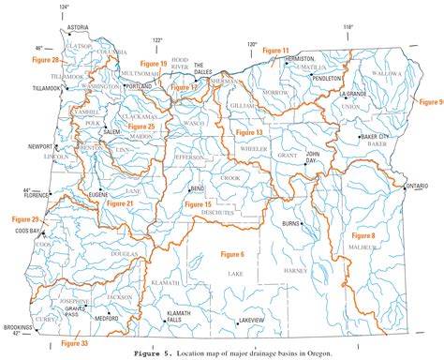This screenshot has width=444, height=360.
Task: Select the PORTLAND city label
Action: (x=138, y=85)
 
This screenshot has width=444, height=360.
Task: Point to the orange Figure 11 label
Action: (x=275, y=49)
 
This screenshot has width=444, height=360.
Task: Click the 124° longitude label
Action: (x=64, y=7)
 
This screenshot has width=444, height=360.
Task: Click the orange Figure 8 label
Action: (x=363, y=235)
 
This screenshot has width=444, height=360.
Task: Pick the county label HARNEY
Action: (x=295, y=271)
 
